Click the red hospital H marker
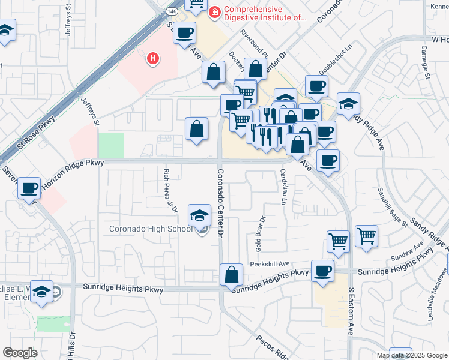(x=154, y=58)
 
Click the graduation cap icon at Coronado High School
(x=199, y=215)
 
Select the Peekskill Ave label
(x=270, y=263)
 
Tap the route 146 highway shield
(x=172, y=11)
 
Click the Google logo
(x=20, y=352)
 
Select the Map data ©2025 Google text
(x=412, y=355)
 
